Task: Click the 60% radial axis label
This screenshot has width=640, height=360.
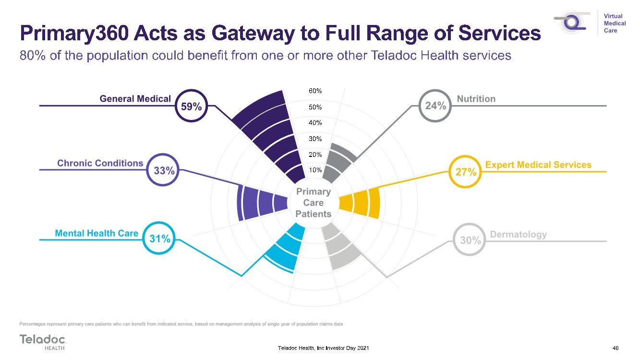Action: (x=315, y=91)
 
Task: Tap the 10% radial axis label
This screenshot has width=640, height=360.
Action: (x=315, y=170)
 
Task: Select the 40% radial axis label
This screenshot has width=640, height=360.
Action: (x=315, y=123)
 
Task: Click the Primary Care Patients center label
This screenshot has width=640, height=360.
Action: (x=314, y=203)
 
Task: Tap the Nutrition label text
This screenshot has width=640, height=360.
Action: (x=476, y=99)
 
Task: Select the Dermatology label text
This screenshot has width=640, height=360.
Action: (x=518, y=235)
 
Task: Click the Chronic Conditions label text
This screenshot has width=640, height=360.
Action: (x=100, y=163)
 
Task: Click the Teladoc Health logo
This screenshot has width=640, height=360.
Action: (x=43, y=342)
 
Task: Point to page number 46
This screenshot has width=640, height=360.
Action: (x=616, y=348)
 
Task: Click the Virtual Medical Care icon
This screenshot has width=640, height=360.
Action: (x=572, y=23)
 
